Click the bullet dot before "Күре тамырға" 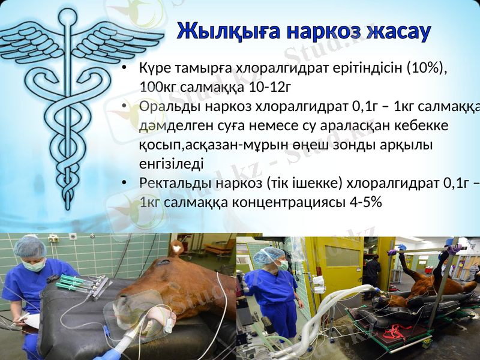point(123,68)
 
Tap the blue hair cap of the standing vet point(263,255)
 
